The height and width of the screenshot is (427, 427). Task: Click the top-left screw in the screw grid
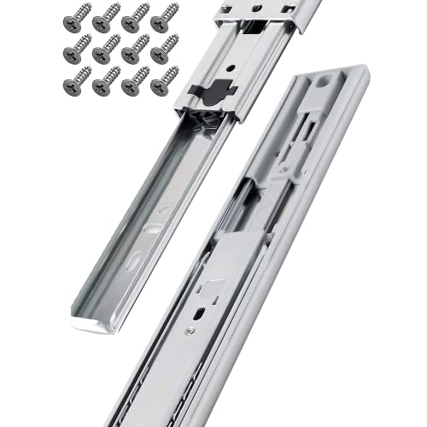[x=78, y=17]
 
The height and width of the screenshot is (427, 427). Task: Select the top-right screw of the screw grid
[x=164, y=17]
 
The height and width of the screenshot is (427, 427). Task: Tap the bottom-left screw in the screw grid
[x=78, y=82]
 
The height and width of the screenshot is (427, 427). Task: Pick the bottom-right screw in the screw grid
[x=164, y=82]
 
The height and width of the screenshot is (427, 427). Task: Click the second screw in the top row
[x=107, y=17]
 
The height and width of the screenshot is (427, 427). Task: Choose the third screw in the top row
[x=136, y=17]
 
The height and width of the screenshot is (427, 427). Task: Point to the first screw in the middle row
[x=78, y=50]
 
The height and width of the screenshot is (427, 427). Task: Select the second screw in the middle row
[x=107, y=50]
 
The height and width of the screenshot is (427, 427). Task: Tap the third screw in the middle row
[x=136, y=50]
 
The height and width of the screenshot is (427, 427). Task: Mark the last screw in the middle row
[x=164, y=50]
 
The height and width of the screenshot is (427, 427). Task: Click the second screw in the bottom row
[x=107, y=82]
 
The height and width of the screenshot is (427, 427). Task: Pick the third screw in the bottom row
[x=136, y=82]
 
